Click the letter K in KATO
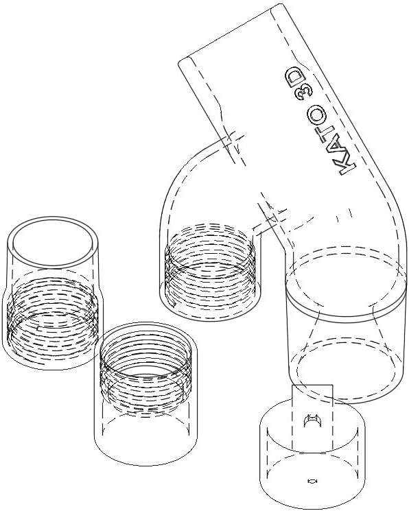[x=347, y=165]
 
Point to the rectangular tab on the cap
[x=312, y=417]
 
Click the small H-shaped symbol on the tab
[x=312, y=421]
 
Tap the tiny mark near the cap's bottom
[x=312, y=481]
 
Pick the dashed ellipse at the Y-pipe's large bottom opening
[x=347, y=368]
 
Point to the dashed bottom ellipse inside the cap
[x=312, y=473]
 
